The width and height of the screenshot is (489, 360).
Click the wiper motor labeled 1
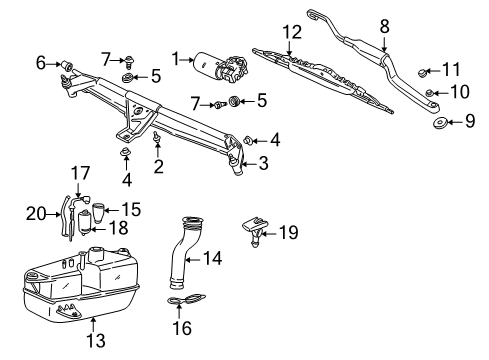point(222,63)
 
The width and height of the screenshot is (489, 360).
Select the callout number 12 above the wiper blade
point(291,32)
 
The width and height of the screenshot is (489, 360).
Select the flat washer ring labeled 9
point(441,124)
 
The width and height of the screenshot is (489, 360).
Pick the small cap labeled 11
point(423,72)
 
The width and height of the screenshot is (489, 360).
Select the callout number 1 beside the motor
point(178,61)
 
